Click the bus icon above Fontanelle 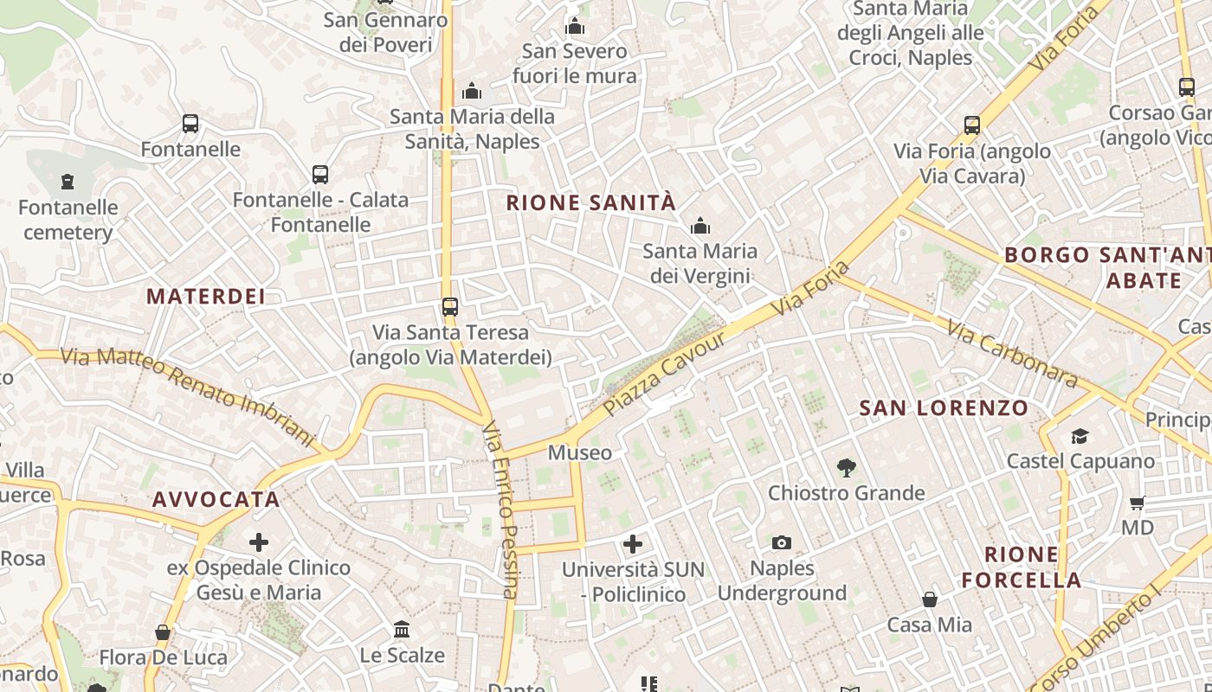[190, 124]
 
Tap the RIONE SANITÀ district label [590, 203]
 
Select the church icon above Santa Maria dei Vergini [699, 227]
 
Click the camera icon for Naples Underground [782, 542]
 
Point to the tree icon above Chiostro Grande [847, 468]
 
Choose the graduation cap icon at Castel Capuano [1080, 436]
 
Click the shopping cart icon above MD [1138, 503]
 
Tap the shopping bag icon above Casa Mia [929, 599]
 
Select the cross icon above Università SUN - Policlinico [633, 544]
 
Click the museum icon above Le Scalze [402, 629]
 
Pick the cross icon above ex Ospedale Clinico [258, 542]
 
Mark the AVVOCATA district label [216, 499]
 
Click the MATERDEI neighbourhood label [205, 297]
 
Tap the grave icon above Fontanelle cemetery [68, 182]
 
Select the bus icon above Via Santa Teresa [449, 306]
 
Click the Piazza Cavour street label [665, 374]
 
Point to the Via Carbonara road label [1011, 354]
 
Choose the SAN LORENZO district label [944, 407]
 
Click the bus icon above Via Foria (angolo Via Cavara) [972, 125]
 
